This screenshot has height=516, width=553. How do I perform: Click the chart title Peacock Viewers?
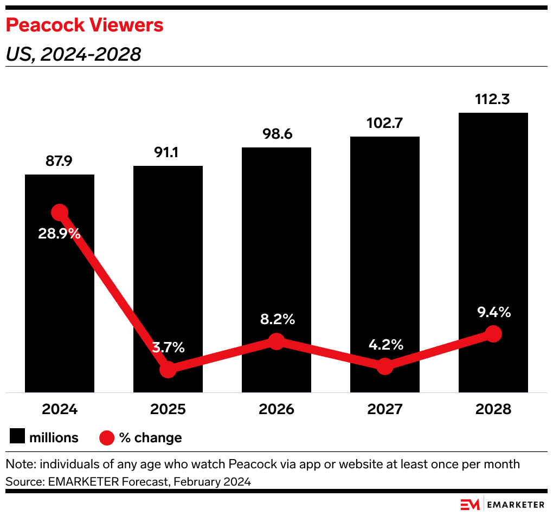pyautogui.click(x=84, y=25)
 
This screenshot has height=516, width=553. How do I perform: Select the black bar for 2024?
pyautogui.click(x=60, y=304)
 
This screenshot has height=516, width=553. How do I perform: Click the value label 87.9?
pyautogui.click(x=60, y=162)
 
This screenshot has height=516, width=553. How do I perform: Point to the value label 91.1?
pyautogui.click(x=168, y=152)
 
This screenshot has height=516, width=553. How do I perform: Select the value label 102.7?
pyautogui.click(x=384, y=124)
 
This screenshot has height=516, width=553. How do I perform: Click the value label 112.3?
pyautogui.click(x=493, y=100)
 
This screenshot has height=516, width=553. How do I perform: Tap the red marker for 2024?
pyautogui.click(x=59, y=212)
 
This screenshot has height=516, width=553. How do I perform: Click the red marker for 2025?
pyautogui.click(x=168, y=370)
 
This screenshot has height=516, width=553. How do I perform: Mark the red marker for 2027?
pyautogui.click(x=384, y=366)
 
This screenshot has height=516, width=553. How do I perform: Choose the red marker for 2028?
pyautogui.click(x=493, y=334)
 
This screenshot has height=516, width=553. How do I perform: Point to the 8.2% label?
pyautogui.click(x=276, y=319)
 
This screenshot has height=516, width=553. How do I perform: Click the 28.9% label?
pyautogui.click(x=59, y=234)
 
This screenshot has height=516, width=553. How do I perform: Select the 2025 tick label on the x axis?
pyautogui.click(x=168, y=409)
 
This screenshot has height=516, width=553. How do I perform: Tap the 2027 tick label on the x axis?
pyautogui.click(x=384, y=409)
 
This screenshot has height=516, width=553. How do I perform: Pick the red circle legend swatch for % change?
pyautogui.click(x=107, y=437)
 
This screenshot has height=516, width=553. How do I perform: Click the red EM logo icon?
pyautogui.click(x=470, y=504)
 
